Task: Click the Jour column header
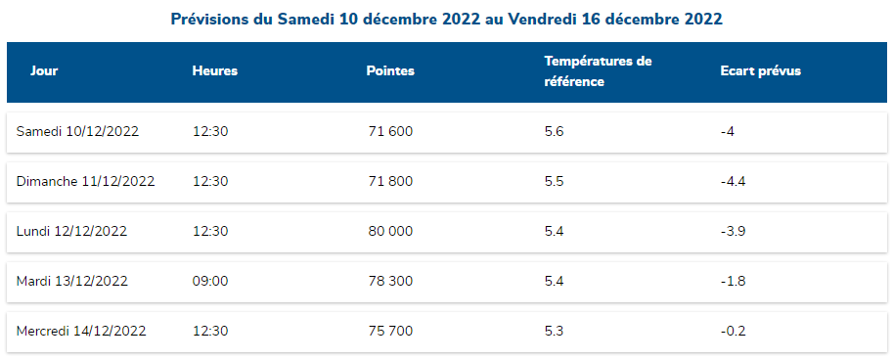(x=44, y=71)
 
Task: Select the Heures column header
(x=215, y=71)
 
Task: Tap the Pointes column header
(x=390, y=71)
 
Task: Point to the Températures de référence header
(x=598, y=71)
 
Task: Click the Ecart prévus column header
(x=761, y=71)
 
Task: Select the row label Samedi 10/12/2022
(x=78, y=131)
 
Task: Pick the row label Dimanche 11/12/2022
(x=86, y=181)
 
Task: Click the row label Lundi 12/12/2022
(x=72, y=231)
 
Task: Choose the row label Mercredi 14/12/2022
(x=81, y=331)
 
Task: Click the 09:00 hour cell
(x=210, y=281)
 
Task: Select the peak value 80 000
(x=390, y=231)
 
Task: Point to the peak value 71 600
(x=389, y=131)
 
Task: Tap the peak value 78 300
(x=390, y=281)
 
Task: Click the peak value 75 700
(x=390, y=331)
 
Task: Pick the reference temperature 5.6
(x=554, y=131)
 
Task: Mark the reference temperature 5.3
(x=554, y=331)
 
